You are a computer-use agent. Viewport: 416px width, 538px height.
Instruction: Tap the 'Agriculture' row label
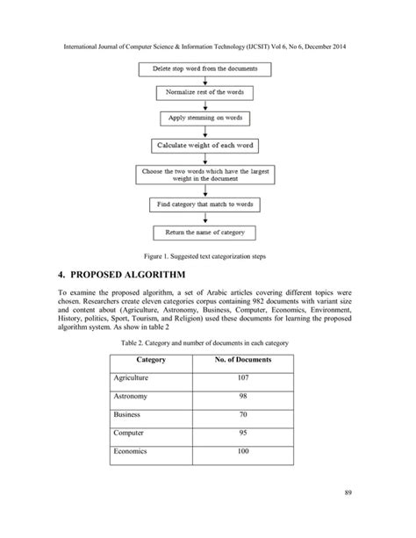132,378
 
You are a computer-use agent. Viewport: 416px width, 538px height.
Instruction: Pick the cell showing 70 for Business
243,415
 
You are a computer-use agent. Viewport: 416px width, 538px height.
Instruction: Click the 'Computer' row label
129,434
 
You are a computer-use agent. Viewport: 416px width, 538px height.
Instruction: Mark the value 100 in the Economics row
243,452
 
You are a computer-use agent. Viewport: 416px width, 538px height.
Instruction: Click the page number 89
348,513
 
